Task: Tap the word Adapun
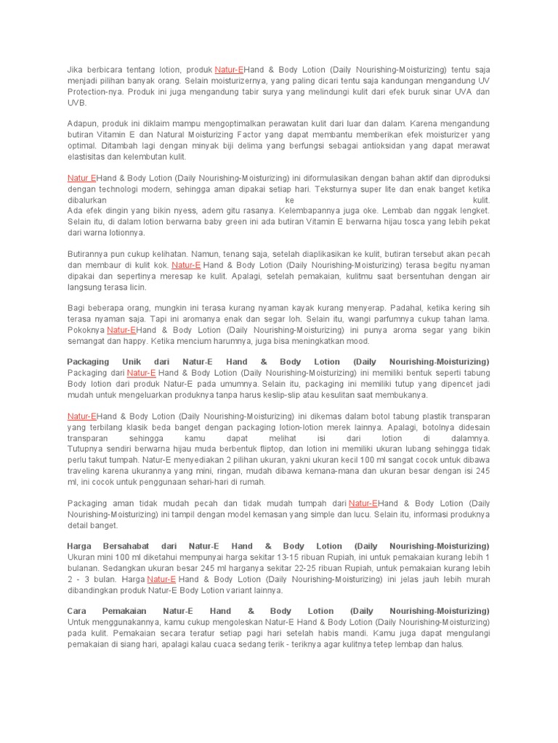click(81, 123)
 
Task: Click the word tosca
click(389, 222)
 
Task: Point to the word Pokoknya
click(85, 329)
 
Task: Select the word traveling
click(84, 470)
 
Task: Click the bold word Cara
click(76, 611)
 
